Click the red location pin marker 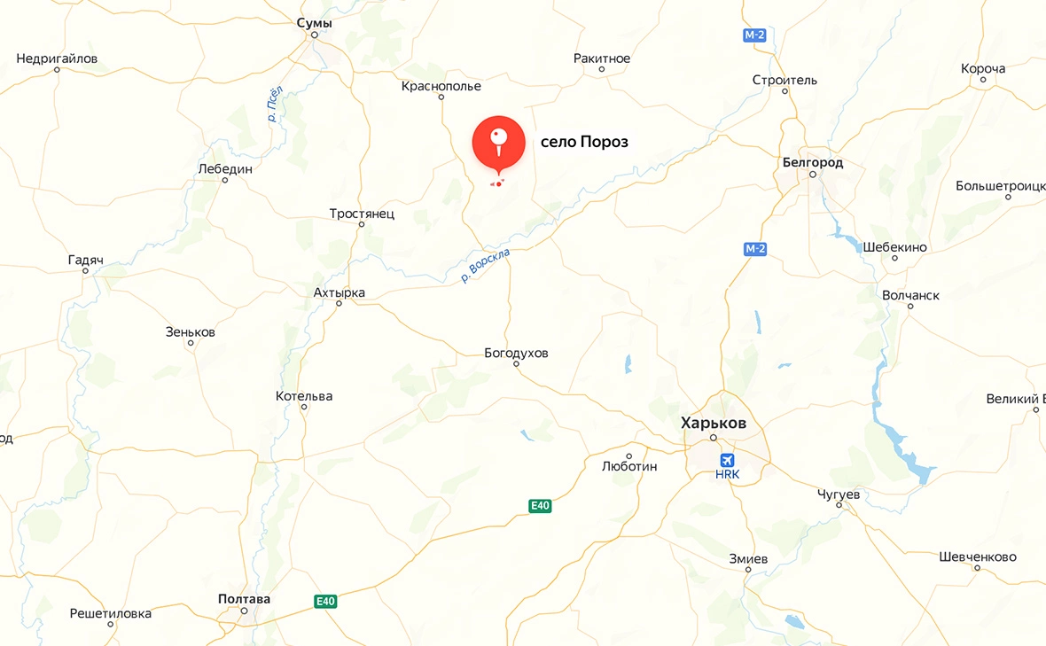tap(498, 142)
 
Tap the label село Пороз tap(584, 142)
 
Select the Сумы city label tap(315, 23)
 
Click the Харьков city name tap(714, 423)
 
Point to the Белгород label tap(813, 162)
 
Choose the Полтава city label tap(244, 599)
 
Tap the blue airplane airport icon tap(728, 460)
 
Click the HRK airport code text tap(727, 475)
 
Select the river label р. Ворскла tap(486, 266)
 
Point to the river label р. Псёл tap(275, 104)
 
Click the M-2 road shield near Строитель tap(753, 35)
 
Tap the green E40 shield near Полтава tap(325, 602)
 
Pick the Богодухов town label tap(516, 353)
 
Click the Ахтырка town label tap(339, 292)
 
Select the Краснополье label tap(441, 86)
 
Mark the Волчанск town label tap(910, 295)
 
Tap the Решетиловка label tap(111, 613)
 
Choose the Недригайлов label tap(57, 58)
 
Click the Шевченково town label tap(977, 556)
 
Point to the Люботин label tap(629, 466)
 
